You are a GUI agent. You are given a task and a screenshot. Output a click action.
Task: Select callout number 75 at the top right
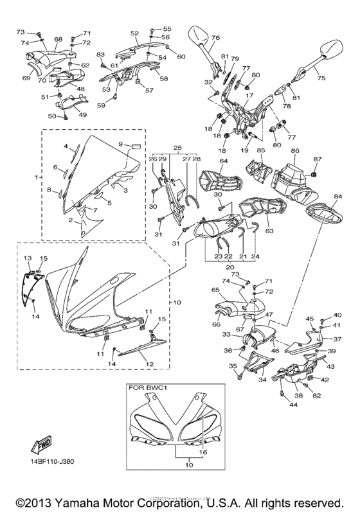click(322, 77)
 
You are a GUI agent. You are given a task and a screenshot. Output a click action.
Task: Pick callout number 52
click(134, 33)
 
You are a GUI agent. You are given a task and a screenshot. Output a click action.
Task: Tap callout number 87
click(317, 159)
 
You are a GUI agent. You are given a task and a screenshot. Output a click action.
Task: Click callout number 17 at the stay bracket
click(246, 95)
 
